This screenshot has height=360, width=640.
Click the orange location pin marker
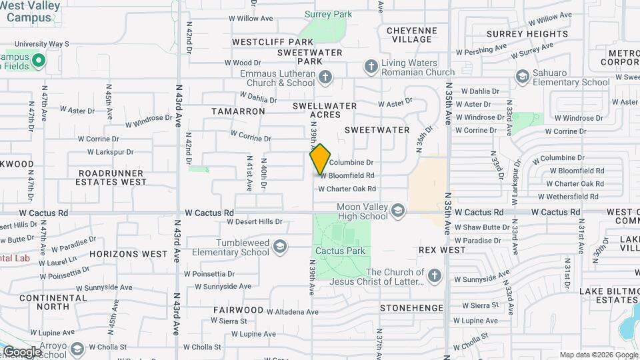pyautogui.click(x=320, y=159)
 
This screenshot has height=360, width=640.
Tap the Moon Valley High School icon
pyautogui.click(x=398, y=211)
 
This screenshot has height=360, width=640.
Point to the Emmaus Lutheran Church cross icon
pyautogui.click(x=325, y=78)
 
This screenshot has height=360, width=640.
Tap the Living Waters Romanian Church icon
pyautogui.click(x=371, y=67)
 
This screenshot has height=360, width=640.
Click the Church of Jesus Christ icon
pyautogui.click(x=434, y=276)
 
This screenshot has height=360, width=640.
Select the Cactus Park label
pyautogui.click(x=341, y=251)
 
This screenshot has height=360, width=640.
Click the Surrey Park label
pyautogui.click(x=328, y=14)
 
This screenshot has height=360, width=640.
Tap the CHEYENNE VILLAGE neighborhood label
pyautogui.click(x=412, y=35)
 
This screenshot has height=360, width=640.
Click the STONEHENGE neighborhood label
pyautogui.click(x=411, y=308)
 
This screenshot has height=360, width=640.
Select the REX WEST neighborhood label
pyautogui.click(x=442, y=250)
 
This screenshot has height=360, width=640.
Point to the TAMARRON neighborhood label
pyautogui.click(x=239, y=111)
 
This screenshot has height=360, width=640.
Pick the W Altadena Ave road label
pyautogui.click(x=292, y=311)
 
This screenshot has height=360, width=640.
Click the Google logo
pyautogui.click(x=22, y=351)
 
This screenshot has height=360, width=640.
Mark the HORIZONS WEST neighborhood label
pyautogui.click(x=129, y=254)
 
